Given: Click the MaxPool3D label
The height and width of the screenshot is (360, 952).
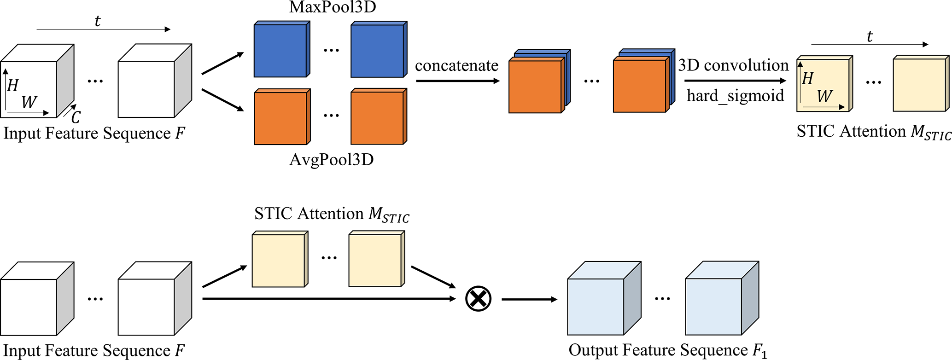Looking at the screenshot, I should [x=333, y=7].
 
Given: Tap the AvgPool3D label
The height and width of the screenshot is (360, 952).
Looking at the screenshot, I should [x=332, y=160].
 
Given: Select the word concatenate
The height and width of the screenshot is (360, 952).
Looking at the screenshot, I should [x=456, y=66].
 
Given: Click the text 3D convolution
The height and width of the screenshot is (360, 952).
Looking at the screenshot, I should [x=733, y=65].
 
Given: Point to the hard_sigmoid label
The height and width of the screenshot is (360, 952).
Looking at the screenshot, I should [x=735, y=96].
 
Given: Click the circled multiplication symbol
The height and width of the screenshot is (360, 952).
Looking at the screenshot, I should [x=478, y=299].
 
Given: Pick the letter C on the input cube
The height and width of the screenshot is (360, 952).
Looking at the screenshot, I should [x=76, y=117].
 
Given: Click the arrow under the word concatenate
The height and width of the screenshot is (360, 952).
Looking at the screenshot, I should [x=457, y=81].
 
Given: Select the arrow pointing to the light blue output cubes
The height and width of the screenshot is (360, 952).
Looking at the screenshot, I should [x=529, y=300].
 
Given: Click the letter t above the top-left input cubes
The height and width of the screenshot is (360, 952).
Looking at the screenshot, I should [x=97, y=21].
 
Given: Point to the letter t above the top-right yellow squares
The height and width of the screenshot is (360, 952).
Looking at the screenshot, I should [x=870, y=36].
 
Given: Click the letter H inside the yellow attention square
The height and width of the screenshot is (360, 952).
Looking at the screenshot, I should [x=808, y=79].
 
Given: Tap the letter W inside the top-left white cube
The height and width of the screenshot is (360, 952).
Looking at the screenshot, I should [x=29, y=102].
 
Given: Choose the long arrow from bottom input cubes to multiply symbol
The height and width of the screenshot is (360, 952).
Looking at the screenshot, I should [x=329, y=299].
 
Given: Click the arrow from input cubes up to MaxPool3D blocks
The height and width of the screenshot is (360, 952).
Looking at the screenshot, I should [x=222, y=64].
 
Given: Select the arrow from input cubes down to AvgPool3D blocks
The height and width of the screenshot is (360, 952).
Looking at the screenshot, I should [x=222, y=100].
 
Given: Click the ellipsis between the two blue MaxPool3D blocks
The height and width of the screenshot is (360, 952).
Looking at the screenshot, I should [x=331, y=50].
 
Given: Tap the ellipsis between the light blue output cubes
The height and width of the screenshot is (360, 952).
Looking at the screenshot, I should [x=662, y=299].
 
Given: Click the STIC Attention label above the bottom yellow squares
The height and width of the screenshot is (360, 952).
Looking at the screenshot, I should [x=332, y=214].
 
